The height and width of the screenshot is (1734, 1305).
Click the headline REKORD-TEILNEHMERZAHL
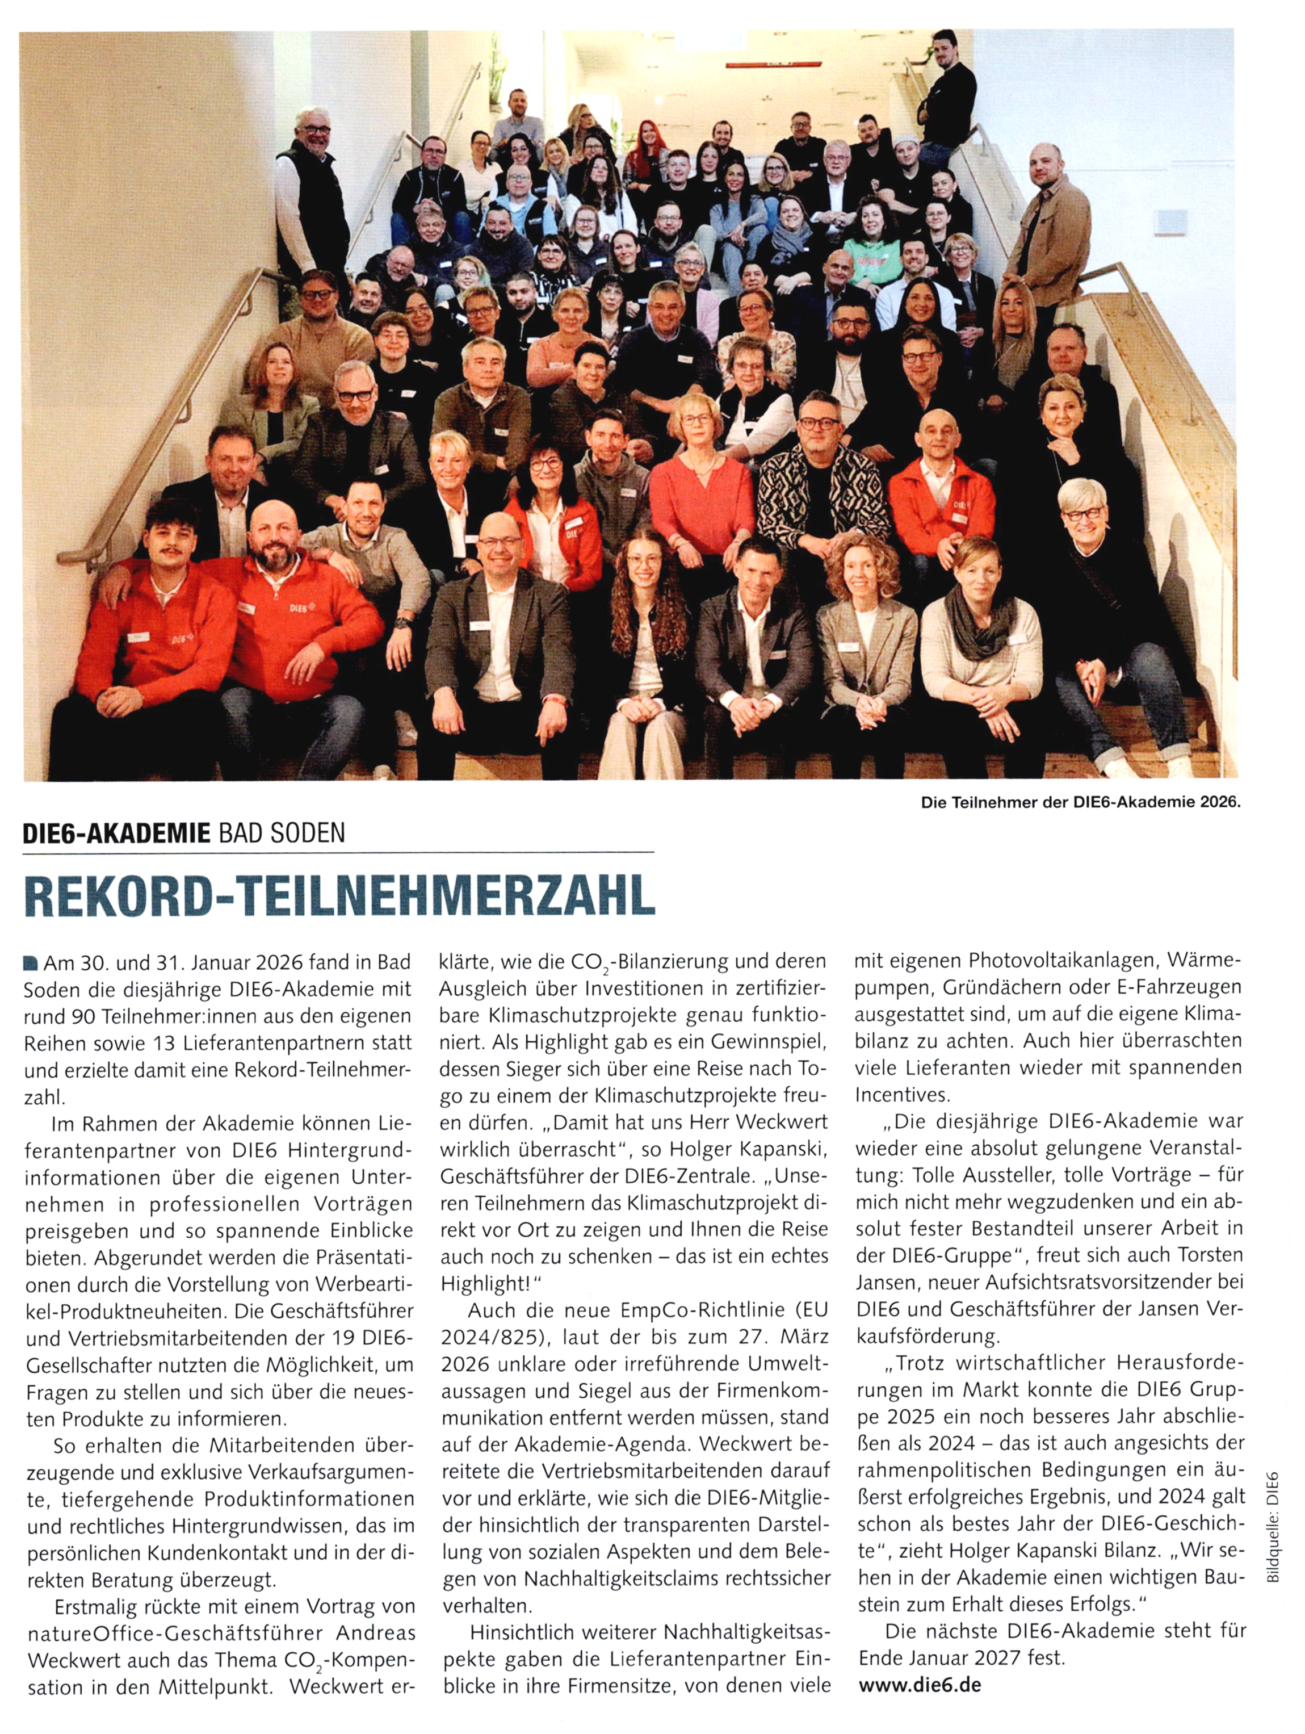pyautogui.click(x=339, y=895)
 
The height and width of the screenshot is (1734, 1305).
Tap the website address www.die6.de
pyautogui.click(x=920, y=1684)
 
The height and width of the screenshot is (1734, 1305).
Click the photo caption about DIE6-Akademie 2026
pyautogui.click(x=1081, y=803)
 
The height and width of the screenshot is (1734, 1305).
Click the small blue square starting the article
pyautogui.click(x=31, y=962)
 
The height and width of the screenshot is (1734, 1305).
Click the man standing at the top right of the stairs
pyautogui.click(x=949, y=86)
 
